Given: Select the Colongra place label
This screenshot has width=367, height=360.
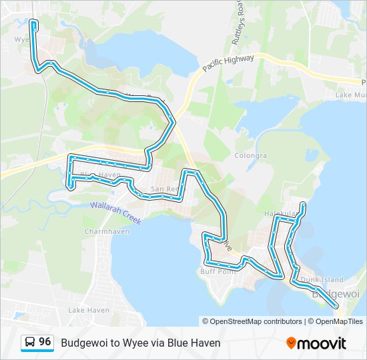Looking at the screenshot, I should pos(251,155).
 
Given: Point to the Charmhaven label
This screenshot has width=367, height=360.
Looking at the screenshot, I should pos(102,231).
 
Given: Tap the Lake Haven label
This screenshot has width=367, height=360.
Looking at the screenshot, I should pos(89,310).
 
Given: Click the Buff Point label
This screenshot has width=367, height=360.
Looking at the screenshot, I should pos(219,271).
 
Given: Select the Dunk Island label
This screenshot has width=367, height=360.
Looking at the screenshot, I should pos(322,279).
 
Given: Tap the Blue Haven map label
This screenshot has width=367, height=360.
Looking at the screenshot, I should pos(100,175).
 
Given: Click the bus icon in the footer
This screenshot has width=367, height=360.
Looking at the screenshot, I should pos(30,343).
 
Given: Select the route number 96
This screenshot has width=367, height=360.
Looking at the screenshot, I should pos(45,342).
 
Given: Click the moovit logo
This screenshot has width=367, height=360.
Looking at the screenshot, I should pos(316,343).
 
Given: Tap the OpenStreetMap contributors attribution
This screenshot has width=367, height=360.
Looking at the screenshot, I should pos(252,321).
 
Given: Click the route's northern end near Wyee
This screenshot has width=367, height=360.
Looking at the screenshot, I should pos(33,24).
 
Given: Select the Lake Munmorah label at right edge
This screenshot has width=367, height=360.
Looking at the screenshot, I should pos(351,95).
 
